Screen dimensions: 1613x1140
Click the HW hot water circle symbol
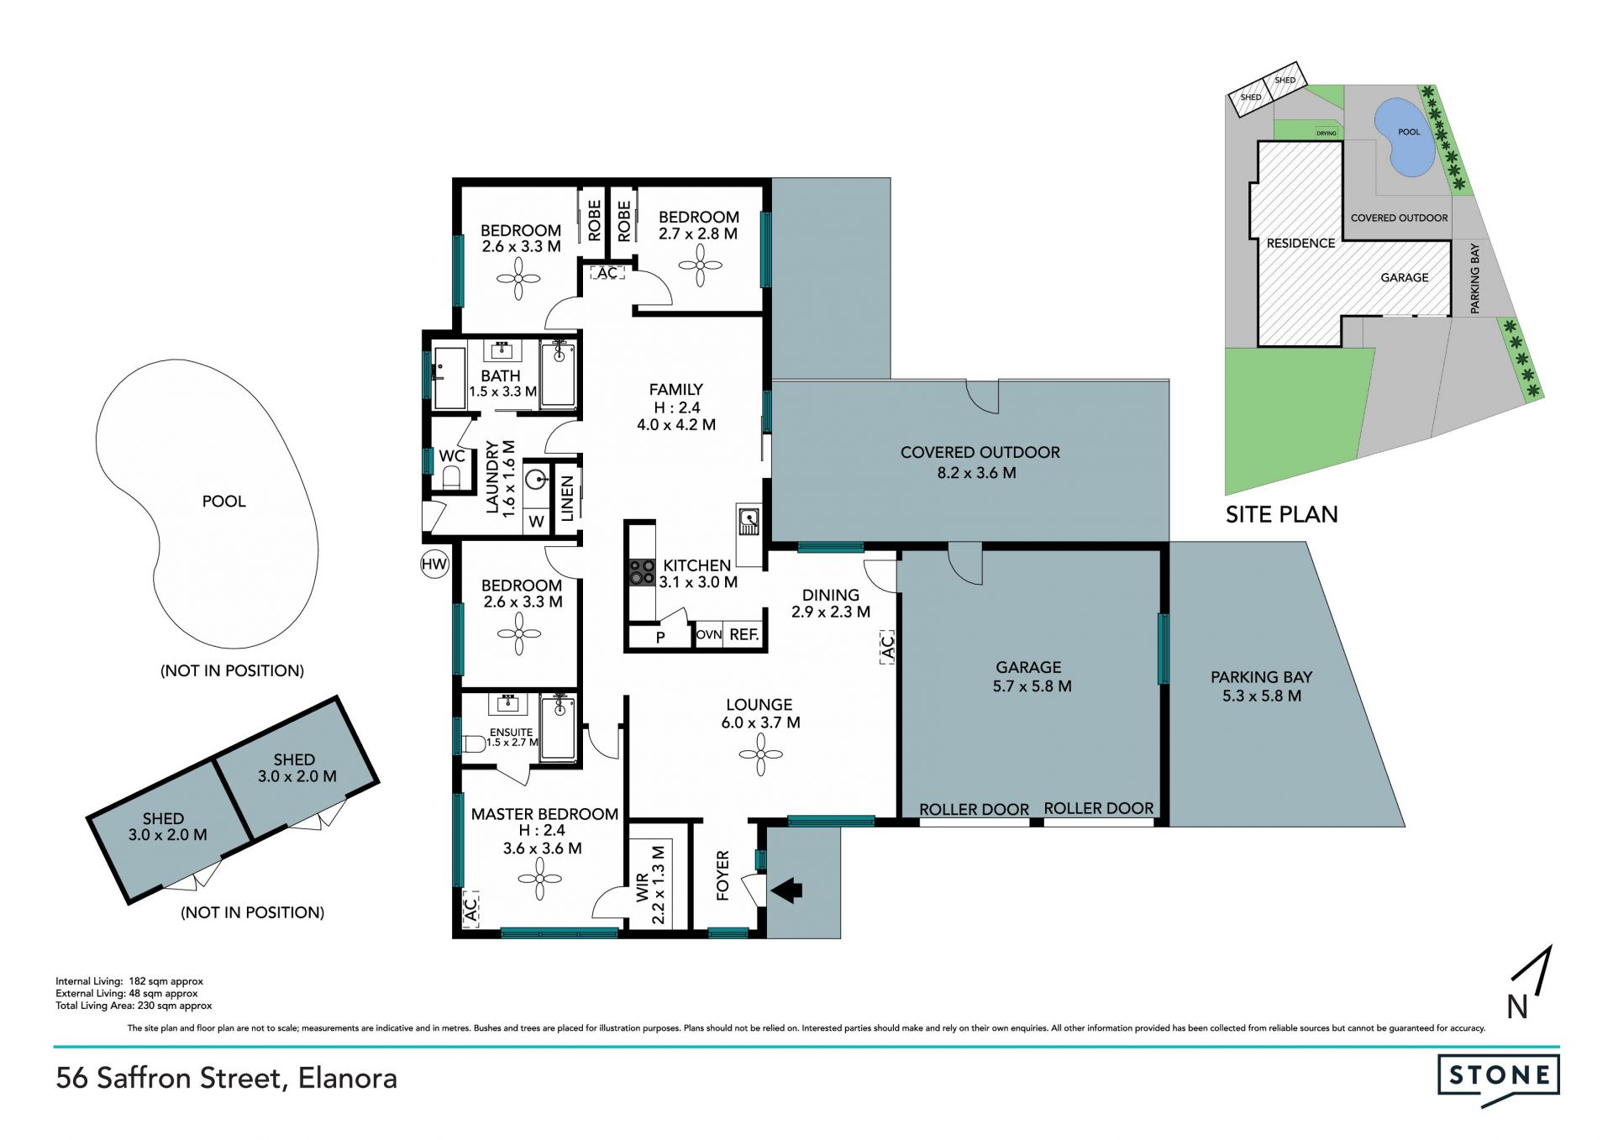434,564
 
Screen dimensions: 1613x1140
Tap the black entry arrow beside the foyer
787,890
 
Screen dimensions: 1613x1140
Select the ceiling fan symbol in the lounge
760,754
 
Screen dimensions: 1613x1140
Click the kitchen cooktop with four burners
643,572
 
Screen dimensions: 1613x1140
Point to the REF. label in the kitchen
744,635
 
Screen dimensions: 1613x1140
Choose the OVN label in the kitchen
709,635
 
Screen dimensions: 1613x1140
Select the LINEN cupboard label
567,498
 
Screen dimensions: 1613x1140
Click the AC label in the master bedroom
470,908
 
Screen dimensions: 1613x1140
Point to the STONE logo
1499,1076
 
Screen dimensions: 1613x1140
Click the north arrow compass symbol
1529,983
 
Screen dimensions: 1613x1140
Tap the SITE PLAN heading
1281,514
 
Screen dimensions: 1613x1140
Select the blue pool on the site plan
1404,137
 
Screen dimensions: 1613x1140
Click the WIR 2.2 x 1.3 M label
651,885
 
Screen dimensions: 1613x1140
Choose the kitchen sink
749,522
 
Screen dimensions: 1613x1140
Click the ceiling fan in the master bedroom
540,879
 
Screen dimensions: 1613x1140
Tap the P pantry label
660,638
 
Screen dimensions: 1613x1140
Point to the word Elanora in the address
348,1078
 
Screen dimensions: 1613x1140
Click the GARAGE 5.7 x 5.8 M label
1031,676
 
